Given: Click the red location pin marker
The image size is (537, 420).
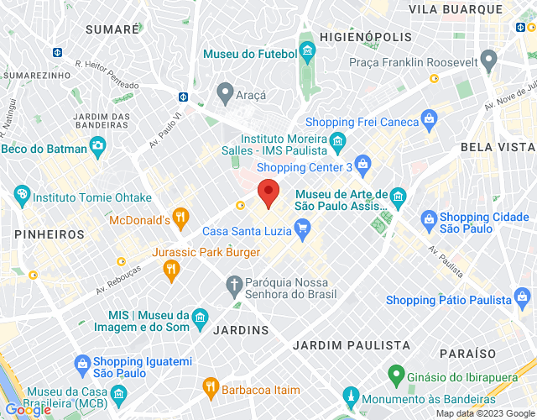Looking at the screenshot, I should [268, 192].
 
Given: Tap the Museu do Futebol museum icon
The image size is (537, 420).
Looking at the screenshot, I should [308, 55].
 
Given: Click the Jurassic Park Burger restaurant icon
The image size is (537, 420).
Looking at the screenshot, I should [171, 268].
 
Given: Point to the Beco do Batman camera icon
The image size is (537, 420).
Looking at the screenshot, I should [97, 148].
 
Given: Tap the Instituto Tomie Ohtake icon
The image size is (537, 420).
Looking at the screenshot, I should [22, 197].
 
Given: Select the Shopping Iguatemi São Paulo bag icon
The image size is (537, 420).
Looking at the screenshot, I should [82, 364].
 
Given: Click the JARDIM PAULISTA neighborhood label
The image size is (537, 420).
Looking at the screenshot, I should [351, 344].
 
